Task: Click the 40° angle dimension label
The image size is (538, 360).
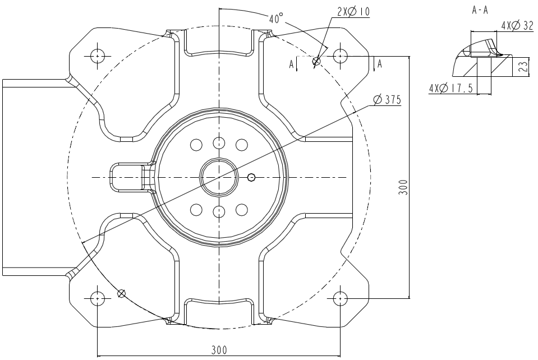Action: (x=275, y=19)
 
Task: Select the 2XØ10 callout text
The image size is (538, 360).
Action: (x=353, y=11)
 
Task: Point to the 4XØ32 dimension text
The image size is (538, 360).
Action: (x=517, y=26)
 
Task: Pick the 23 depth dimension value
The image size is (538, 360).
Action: (x=522, y=67)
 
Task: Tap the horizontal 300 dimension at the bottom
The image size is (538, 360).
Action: (x=219, y=350)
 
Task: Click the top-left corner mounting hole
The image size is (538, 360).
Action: (x=98, y=56)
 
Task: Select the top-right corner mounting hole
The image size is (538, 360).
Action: (x=339, y=56)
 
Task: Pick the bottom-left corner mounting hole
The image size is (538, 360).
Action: (x=98, y=298)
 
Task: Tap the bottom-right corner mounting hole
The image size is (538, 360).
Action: (x=339, y=298)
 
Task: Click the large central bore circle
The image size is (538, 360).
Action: (x=219, y=177)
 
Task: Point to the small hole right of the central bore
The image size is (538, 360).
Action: (x=251, y=178)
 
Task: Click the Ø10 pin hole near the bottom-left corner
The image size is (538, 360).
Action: (x=121, y=293)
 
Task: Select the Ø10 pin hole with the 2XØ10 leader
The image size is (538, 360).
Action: (x=316, y=61)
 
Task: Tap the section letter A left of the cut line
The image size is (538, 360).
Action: (x=291, y=64)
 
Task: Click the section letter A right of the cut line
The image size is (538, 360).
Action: (x=380, y=64)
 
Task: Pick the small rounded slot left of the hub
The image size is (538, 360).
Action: (x=130, y=177)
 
